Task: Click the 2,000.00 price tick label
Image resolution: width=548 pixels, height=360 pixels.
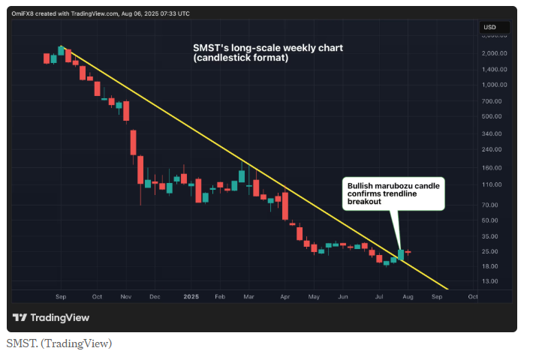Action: [x=495, y=53]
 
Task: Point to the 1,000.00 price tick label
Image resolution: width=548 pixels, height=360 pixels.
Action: [x=495, y=85]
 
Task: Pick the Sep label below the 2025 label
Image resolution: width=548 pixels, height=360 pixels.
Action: [x=436, y=297]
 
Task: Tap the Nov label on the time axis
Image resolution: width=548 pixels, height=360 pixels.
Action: [x=125, y=297]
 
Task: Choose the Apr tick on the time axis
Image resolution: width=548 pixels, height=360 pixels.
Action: [x=284, y=297]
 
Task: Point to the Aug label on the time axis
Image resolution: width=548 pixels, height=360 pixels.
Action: [x=407, y=297]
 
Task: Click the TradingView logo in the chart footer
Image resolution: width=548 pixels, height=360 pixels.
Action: [x=51, y=317]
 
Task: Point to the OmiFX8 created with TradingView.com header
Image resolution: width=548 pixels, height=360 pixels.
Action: [x=101, y=13]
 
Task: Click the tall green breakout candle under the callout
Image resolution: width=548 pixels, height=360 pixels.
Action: [x=402, y=256]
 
